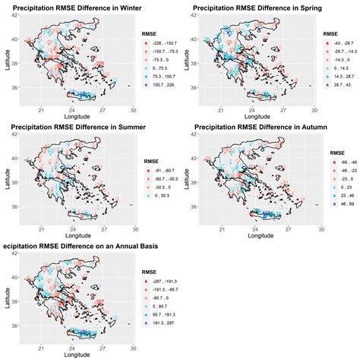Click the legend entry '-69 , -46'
339,164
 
